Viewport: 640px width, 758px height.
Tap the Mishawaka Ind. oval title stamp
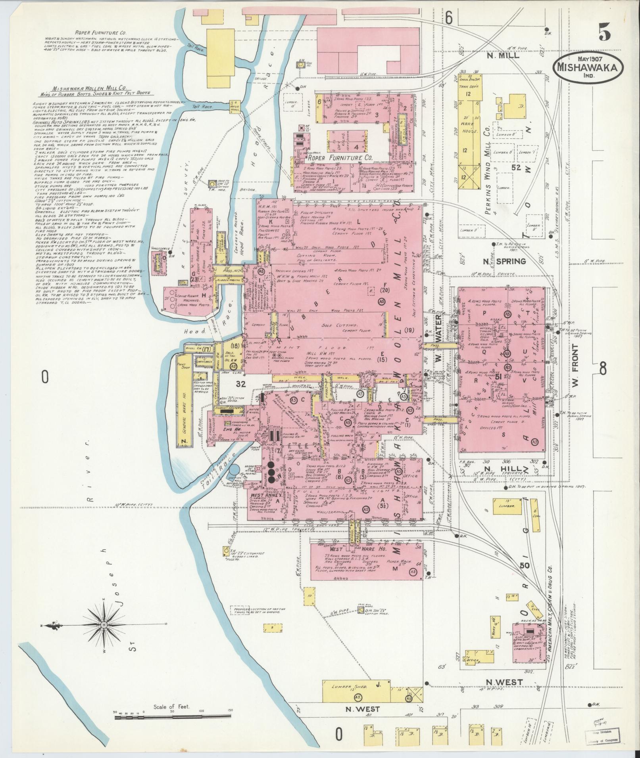pos(588,67)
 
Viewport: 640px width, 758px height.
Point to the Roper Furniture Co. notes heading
pos(95,33)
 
